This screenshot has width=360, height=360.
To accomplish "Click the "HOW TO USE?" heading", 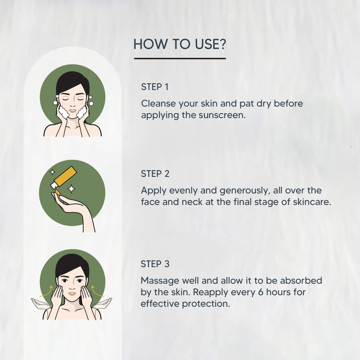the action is pos(180,44).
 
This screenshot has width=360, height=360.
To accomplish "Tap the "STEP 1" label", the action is pos(155,87).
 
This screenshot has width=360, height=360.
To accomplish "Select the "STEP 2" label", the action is pos(155,174).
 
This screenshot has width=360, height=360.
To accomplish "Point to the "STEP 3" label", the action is pos(155,264).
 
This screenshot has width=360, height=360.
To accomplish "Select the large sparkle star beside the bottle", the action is pos(72,189).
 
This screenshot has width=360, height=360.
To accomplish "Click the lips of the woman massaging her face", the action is pos(72,294).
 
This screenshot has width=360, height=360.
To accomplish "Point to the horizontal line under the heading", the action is pos(180,59).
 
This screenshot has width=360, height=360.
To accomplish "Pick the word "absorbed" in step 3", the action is pos(301,281).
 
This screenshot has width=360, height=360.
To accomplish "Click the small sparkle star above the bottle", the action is pos(52,172).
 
